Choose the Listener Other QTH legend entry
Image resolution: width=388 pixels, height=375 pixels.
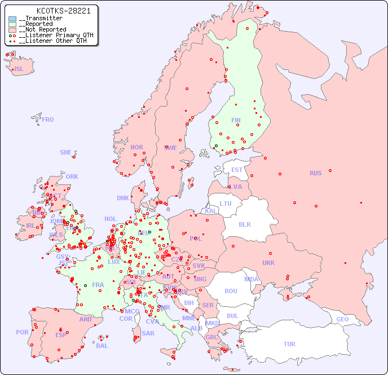click(x=52, y=41)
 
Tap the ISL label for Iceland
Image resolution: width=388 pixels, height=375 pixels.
click(x=19, y=69)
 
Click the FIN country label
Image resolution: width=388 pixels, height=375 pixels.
click(x=236, y=120)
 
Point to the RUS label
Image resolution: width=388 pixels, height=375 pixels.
click(x=315, y=173)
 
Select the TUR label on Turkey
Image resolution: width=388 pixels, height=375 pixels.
click(x=289, y=344)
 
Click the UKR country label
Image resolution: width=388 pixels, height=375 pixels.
click(x=268, y=263)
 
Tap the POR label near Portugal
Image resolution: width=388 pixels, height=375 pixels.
click(x=22, y=332)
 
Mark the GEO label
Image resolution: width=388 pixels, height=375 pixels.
click(x=342, y=319)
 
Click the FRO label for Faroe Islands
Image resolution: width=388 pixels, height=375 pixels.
click(x=48, y=120)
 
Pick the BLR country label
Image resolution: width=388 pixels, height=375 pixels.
click(x=245, y=224)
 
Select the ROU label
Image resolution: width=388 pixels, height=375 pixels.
click(x=231, y=291)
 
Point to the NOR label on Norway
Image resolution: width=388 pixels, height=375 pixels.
click(x=136, y=147)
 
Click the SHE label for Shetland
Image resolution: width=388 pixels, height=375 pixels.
click(x=65, y=152)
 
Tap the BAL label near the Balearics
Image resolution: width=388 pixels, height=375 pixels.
click(x=102, y=346)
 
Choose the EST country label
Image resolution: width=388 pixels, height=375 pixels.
click(x=237, y=170)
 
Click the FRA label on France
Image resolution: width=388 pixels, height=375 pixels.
click(x=98, y=285)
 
